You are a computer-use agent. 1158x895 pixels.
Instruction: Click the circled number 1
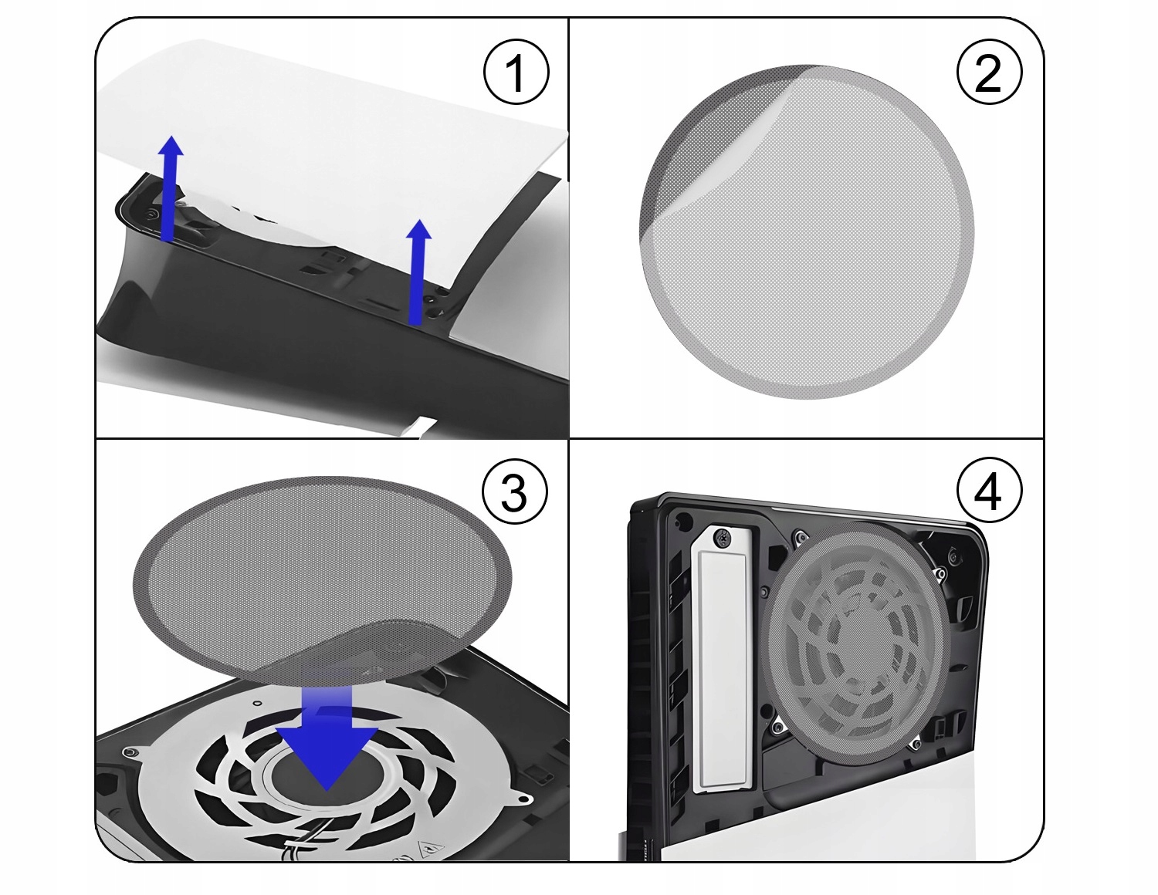point(516,73)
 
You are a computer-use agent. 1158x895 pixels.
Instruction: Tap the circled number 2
point(988,73)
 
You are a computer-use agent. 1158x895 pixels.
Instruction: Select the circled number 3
point(514,492)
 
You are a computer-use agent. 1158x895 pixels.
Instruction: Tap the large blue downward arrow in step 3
point(327,745)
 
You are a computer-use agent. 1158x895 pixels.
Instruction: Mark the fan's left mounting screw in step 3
point(129,751)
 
